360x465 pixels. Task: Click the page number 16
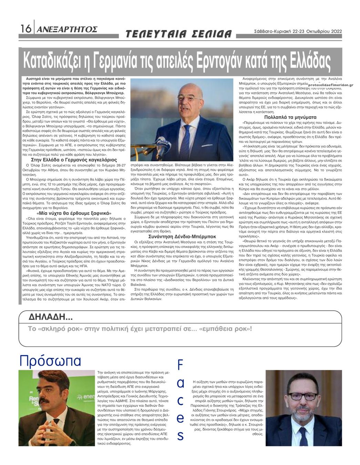(x=26, y=29)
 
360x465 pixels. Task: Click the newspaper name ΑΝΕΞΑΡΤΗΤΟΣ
(x=67, y=29)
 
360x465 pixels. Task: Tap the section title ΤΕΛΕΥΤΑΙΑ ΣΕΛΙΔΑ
(x=178, y=34)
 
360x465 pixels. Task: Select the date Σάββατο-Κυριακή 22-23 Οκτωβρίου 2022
(x=297, y=31)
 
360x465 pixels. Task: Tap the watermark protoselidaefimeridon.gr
(x=331, y=85)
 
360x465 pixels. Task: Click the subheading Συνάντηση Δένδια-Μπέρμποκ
(x=182, y=237)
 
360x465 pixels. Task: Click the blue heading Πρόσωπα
(x=50, y=361)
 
